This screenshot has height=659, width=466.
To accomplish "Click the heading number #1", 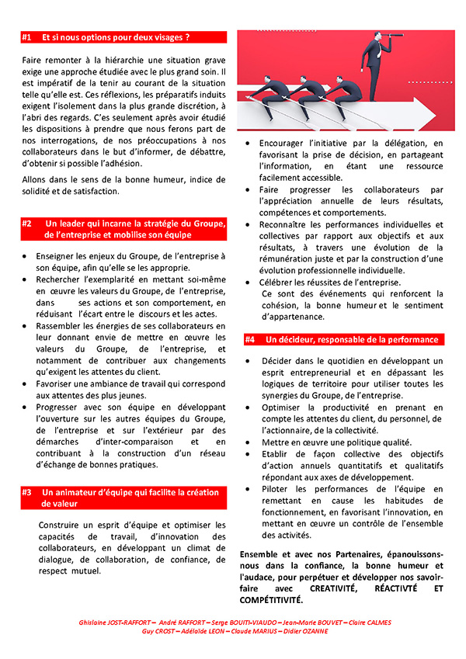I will pyautogui.click(x=27, y=36).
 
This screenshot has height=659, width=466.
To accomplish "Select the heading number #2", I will pyautogui.click(x=27, y=224).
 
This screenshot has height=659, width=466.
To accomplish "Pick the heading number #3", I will pyautogui.click(x=27, y=492).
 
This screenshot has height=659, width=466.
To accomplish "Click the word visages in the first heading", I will pyautogui.click(x=170, y=36).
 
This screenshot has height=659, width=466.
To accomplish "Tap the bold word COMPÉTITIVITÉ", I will pyautogui.click(x=272, y=600).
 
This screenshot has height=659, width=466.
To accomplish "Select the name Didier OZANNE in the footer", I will pyautogui.click(x=304, y=631).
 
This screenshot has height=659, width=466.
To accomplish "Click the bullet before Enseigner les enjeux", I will pyautogui.click(x=27, y=256).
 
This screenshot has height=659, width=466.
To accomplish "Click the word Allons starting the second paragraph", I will pyautogui.click(x=33, y=179).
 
